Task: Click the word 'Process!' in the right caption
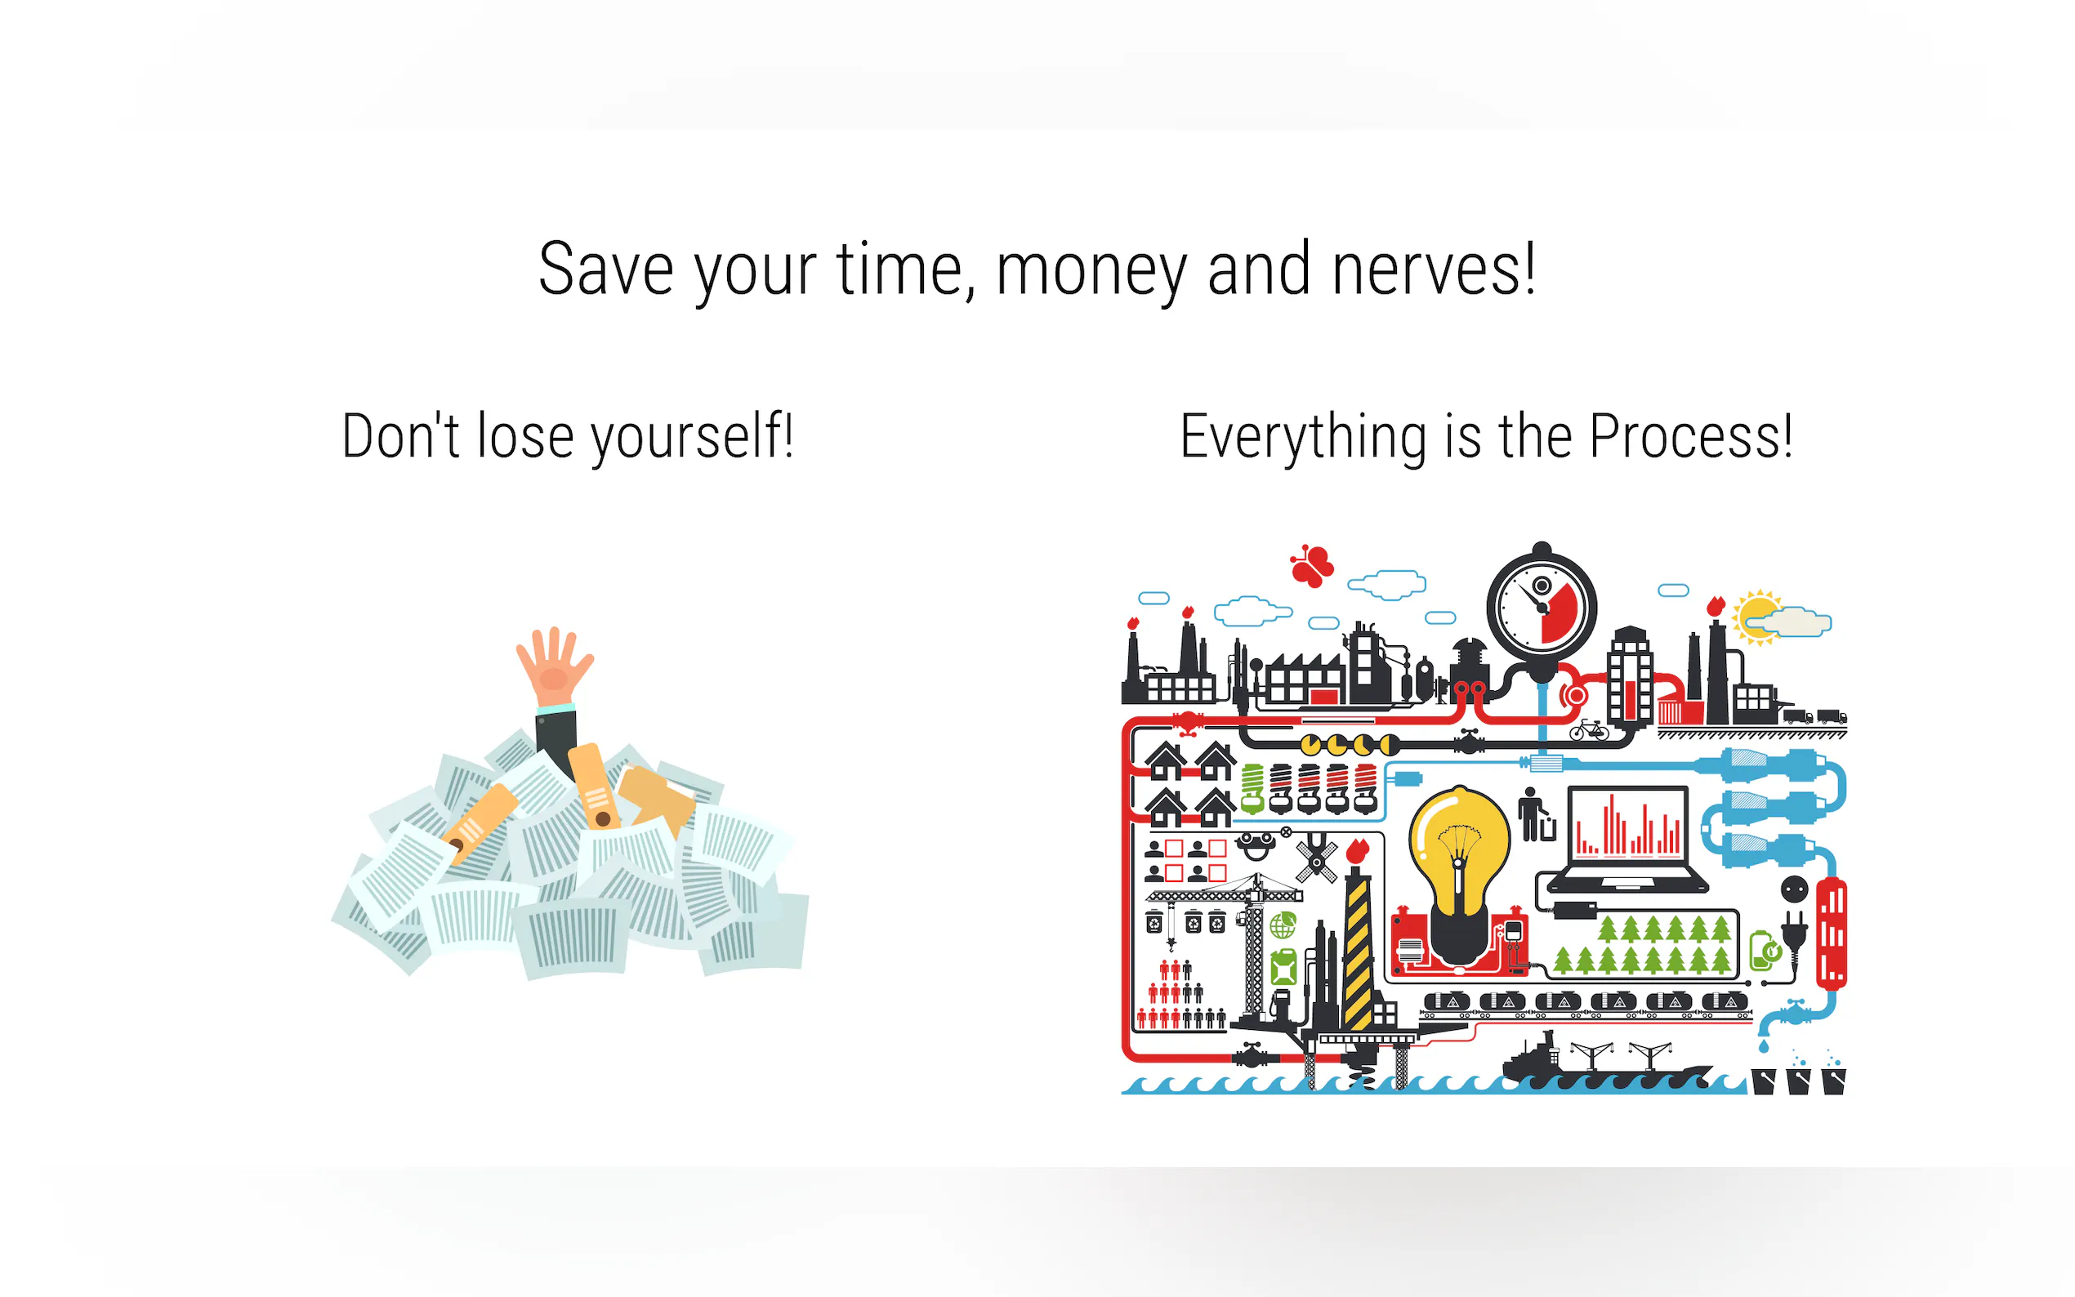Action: click(1691, 437)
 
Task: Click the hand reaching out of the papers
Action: click(554, 666)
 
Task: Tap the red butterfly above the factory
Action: click(1311, 565)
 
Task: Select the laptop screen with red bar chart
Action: click(1627, 825)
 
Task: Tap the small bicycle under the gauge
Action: click(1589, 730)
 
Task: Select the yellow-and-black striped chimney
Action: click(1357, 954)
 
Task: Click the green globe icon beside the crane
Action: click(1283, 925)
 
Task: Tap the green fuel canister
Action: click(1283, 968)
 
